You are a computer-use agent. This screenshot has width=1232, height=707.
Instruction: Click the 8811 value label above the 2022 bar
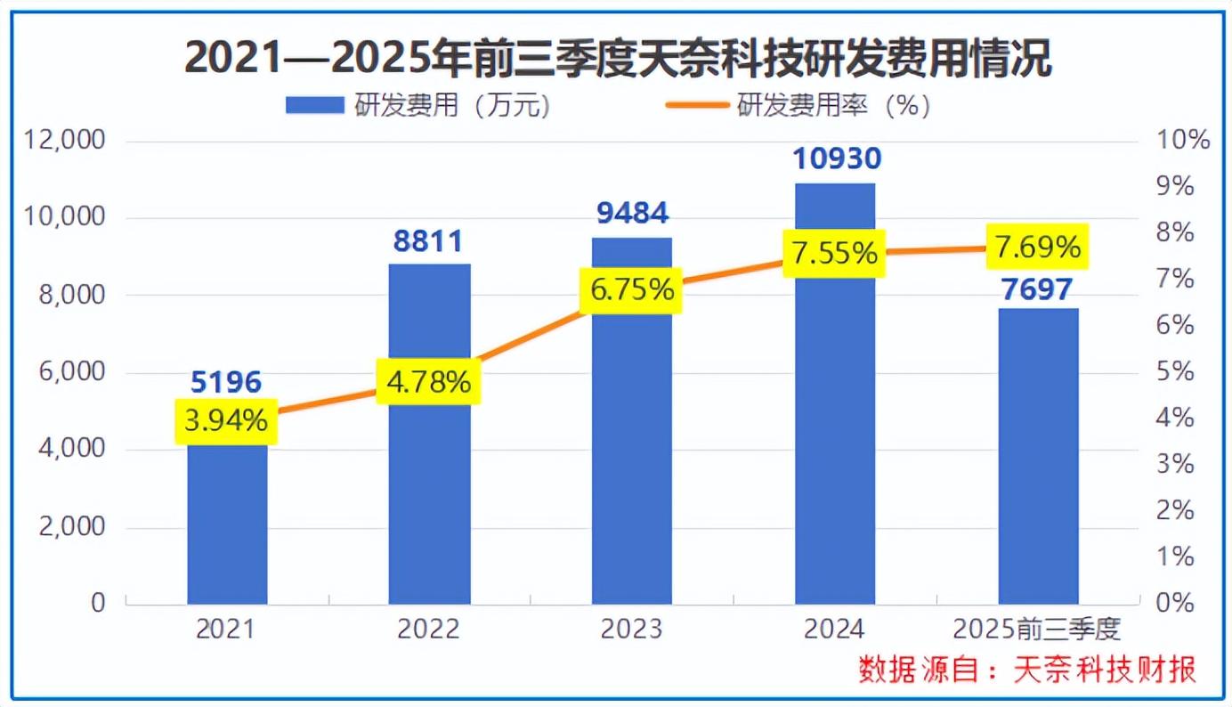(x=429, y=241)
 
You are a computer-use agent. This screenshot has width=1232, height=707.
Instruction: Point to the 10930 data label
(x=835, y=159)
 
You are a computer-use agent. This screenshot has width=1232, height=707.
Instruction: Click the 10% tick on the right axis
(x=1182, y=141)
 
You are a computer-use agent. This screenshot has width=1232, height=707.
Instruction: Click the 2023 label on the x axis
(x=631, y=630)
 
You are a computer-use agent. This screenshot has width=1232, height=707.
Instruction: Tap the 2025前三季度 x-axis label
(x=1037, y=630)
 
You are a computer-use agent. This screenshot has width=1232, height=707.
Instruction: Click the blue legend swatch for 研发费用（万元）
(x=313, y=106)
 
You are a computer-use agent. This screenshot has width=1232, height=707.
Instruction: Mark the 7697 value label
(x=1038, y=289)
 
